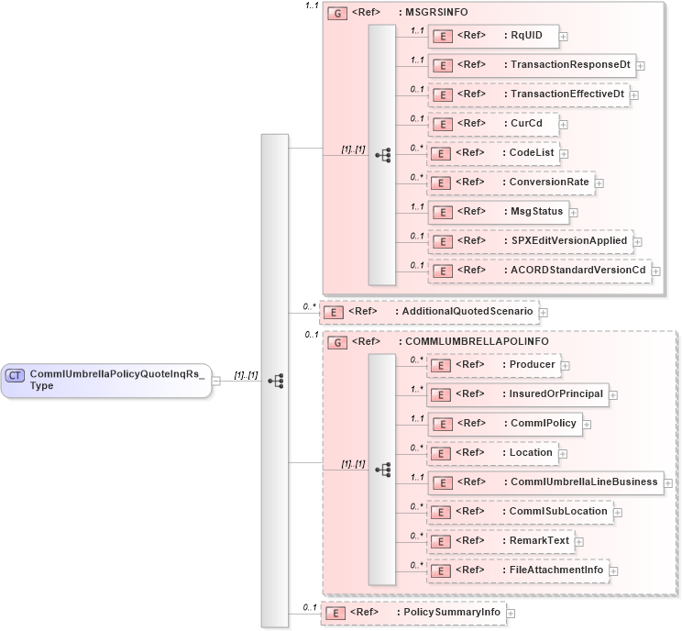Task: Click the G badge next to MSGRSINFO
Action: click(336, 15)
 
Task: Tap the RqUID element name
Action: click(526, 36)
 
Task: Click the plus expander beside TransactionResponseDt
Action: click(641, 66)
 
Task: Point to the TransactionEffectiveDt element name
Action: click(566, 94)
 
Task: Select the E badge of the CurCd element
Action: click(443, 124)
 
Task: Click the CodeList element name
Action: click(531, 153)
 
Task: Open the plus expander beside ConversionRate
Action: click(599, 183)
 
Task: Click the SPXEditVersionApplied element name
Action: click(568, 241)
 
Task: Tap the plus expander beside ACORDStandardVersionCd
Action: click(655, 271)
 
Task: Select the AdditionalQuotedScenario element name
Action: click(464, 312)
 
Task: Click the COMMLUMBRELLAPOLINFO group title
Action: click(477, 341)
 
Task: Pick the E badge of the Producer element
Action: click(443, 366)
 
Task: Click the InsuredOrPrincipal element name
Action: click(556, 394)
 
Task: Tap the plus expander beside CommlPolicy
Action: click(587, 425)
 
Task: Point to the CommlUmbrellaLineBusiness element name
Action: click(584, 482)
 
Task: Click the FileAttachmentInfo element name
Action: click(556, 570)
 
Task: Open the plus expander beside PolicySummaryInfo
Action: click(511, 613)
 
